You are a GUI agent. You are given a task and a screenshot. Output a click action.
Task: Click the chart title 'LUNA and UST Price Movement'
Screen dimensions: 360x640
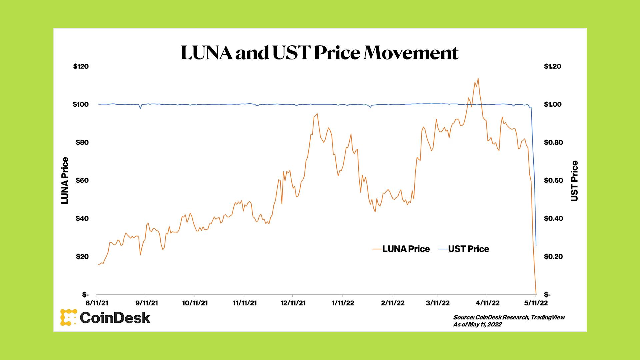(x=319, y=53)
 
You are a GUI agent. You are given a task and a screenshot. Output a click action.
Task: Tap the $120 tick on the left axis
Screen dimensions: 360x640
(x=81, y=66)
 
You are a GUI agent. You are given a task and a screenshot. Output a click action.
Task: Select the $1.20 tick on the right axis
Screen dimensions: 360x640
(x=552, y=66)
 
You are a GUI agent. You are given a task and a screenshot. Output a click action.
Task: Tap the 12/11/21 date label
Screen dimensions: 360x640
(x=293, y=303)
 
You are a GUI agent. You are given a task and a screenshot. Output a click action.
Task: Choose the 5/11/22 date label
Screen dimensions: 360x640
(x=536, y=303)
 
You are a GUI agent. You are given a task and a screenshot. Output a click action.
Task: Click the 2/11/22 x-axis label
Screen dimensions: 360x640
(x=393, y=303)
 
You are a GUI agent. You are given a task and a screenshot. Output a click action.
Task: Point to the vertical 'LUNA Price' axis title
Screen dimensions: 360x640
(x=65, y=180)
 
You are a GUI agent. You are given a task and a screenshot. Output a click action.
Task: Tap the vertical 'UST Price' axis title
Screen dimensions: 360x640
(x=574, y=181)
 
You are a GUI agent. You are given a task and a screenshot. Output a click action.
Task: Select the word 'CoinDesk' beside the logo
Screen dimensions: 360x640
(x=115, y=318)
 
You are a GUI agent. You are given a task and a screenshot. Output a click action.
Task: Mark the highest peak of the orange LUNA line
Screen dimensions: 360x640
(x=478, y=78)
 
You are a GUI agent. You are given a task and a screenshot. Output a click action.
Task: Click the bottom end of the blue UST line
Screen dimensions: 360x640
(x=536, y=246)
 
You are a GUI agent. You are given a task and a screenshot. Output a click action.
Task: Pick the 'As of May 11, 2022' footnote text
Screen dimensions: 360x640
(x=477, y=324)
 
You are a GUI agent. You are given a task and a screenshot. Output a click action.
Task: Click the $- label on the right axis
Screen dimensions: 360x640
(x=547, y=295)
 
